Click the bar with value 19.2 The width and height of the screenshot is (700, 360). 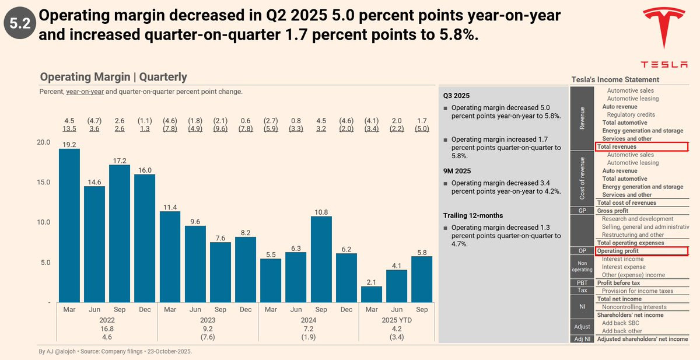click(x=69, y=225)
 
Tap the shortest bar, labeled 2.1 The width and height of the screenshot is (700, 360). click(x=372, y=294)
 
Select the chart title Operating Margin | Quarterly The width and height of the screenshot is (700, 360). click(x=113, y=77)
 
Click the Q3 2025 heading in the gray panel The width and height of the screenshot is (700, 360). click(x=456, y=95)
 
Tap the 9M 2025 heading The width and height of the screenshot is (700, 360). click(x=458, y=171)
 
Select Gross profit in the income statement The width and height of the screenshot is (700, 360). click(x=612, y=211)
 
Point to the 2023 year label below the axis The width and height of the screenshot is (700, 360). click(x=208, y=320)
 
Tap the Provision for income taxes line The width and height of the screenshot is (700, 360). click(x=637, y=291)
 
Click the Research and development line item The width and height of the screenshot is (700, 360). click(x=637, y=219)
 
